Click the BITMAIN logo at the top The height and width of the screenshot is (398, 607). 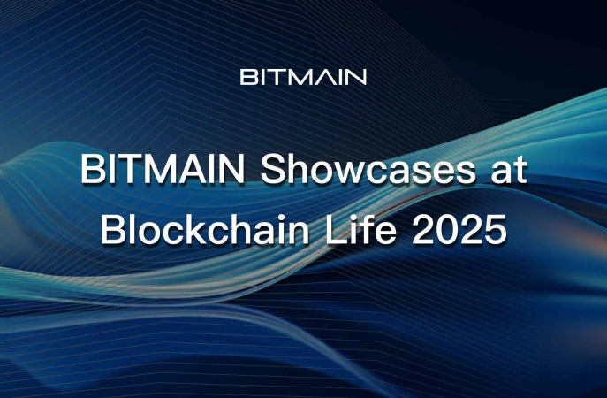point(303,77)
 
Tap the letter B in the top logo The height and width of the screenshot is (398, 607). point(248,77)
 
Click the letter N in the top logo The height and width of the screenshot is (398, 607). point(356,77)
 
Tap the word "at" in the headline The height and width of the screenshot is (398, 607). point(507,170)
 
